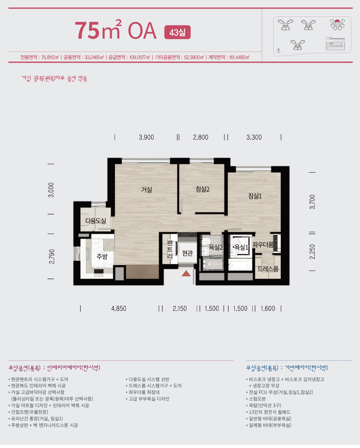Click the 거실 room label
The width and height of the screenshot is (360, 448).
coord(146,190)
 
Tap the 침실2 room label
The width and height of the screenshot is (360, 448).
coord(202,189)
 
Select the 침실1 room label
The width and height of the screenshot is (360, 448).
coord(255,196)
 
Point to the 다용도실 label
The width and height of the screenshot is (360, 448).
coord(96,221)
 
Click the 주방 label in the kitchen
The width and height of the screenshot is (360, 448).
coord(102,256)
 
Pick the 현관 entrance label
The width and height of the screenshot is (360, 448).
coord(187,253)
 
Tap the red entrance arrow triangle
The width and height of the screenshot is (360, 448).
coord(186,273)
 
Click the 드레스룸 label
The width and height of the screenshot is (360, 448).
coord(268,269)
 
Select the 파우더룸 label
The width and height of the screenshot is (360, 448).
coord(263,245)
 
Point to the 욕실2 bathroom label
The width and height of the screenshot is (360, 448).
coord(216,247)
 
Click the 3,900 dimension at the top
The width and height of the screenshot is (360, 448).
coord(146,137)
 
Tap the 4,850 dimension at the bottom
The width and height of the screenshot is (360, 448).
coord(119,309)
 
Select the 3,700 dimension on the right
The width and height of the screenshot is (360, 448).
coord(312,202)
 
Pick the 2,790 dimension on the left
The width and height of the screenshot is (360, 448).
coord(52,256)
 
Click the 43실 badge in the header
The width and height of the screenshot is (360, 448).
coord(178,32)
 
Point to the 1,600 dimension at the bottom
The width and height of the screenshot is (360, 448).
coord(268,309)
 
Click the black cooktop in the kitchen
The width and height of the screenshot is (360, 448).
coord(99,271)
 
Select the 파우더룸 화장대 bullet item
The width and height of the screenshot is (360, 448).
coord(142,392)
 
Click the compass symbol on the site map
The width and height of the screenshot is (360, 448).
coord(278,51)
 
